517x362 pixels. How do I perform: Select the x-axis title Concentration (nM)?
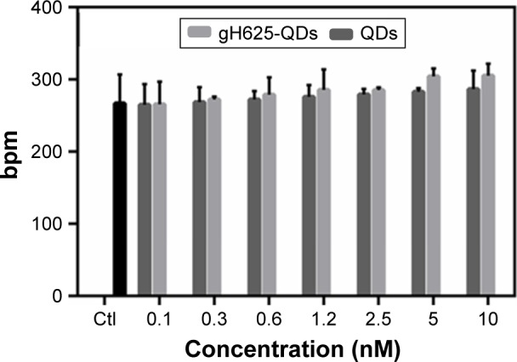[x=290, y=348]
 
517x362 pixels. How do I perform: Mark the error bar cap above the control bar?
[x=120, y=75]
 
